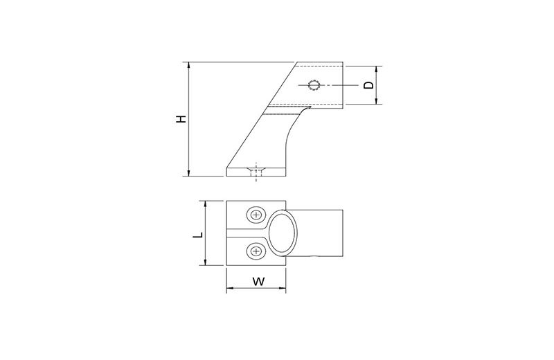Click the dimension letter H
pyautogui.click(x=181, y=119)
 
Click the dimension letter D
pyautogui.click(x=368, y=85)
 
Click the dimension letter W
pyautogui.click(x=258, y=282)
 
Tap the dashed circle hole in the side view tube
pyautogui.click(x=314, y=85)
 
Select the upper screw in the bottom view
pyautogui.click(x=256, y=215)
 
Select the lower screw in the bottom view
pyautogui.click(x=256, y=251)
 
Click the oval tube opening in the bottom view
pyautogui.click(x=282, y=233)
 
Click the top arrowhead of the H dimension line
pyautogui.click(x=189, y=65)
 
